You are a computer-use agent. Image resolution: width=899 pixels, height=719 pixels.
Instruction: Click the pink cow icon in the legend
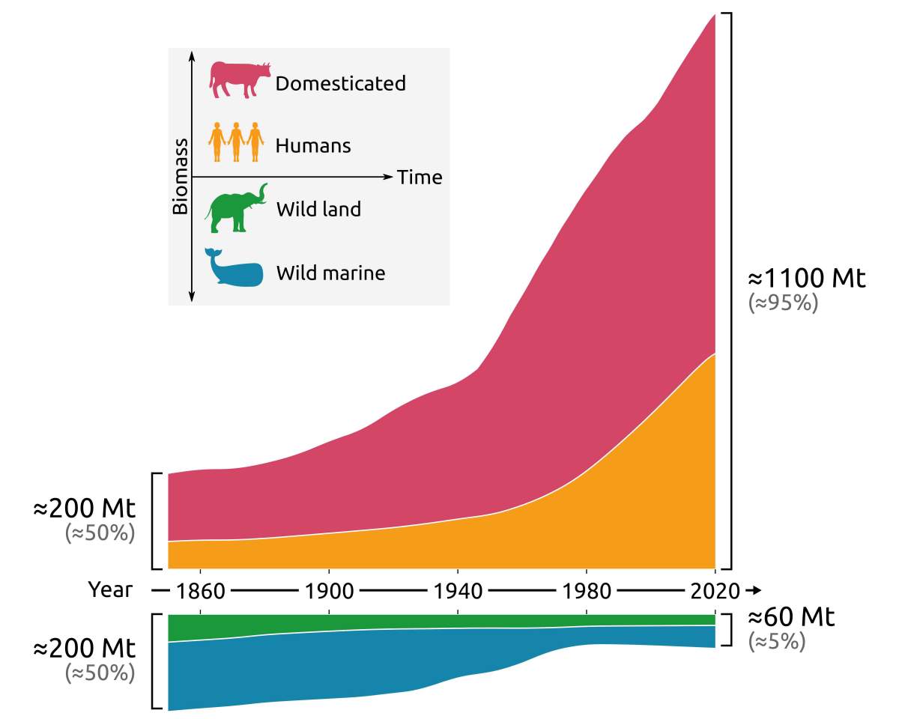click(x=238, y=79)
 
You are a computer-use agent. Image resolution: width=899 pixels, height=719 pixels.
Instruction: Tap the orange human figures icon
click(x=236, y=142)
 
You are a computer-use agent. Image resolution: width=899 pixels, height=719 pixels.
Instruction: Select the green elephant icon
click(x=236, y=207)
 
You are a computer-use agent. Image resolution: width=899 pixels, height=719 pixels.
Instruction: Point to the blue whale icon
click(x=234, y=268)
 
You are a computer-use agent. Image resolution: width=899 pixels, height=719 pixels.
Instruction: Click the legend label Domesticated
click(x=340, y=83)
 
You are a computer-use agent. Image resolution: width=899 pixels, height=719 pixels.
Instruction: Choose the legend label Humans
click(x=313, y=145)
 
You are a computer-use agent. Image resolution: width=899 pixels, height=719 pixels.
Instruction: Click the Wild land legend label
click(x=318, y=209)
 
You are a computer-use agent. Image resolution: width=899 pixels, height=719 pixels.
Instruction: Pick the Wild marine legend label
click(x=330, y=273)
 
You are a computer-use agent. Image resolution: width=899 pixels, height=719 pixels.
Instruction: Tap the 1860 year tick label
click(x=201, y=591)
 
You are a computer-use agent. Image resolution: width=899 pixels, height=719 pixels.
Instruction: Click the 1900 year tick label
click(x=330, y=591)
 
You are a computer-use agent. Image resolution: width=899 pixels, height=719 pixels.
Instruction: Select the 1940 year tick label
click(x=458, y=591)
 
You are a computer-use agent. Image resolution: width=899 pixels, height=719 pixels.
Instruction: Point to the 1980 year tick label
click(x=587, y=591)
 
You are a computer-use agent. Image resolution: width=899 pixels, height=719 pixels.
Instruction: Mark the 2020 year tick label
click(x=715, y=591)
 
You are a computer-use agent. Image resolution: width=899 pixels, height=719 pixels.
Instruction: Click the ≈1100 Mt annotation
click(x=807, y=279)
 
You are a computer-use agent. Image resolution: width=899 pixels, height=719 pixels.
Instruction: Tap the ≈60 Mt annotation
click(x=791, y=618)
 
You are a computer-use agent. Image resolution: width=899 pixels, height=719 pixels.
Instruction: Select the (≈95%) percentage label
click(x=783, y=303)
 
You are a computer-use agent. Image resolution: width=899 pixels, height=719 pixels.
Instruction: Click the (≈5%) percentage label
click(x=776, y=642)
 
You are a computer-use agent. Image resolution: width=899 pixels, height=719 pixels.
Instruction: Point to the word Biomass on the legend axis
click(x=181, y=176)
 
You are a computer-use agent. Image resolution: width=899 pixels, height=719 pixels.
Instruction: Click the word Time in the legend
click(x=420, y=178)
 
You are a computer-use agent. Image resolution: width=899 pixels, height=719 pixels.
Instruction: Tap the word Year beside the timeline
click(x=111, y=590)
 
